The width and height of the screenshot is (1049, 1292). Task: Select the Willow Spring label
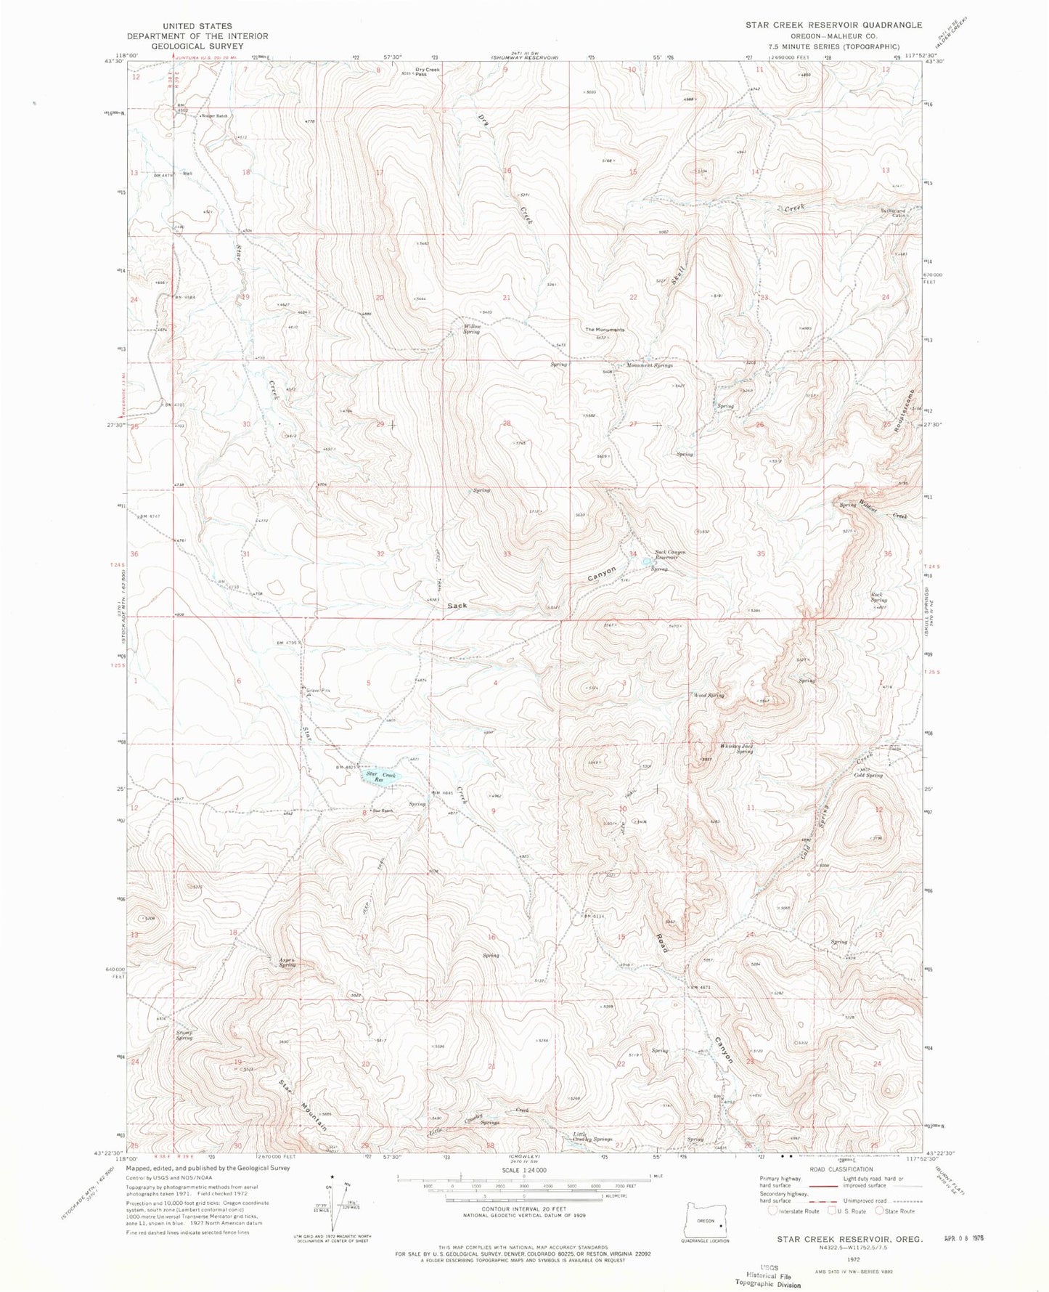click(x=472, y=329)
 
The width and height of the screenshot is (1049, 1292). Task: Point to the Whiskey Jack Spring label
click(x=736, y=748)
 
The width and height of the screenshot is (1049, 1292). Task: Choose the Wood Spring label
click(x=709, y=696)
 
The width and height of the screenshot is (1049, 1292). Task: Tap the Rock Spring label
click(x=879, y=598)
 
